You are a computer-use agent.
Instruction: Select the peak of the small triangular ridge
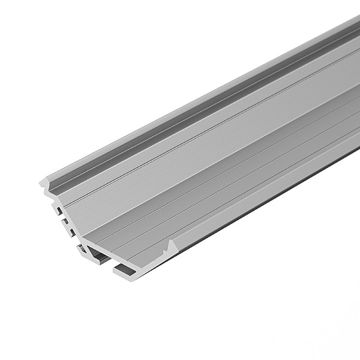pos(172,241)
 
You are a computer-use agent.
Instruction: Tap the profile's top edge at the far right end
pos(356,20)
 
